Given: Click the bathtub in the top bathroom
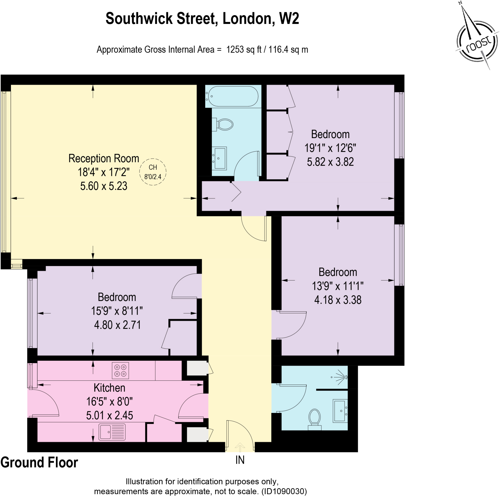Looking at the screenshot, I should pos(233,96).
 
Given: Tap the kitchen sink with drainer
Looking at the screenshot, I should pos(112,432).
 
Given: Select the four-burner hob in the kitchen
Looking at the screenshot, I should pos(120,370).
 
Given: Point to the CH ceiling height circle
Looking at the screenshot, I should pos(153,172).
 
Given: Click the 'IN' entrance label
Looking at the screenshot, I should pos(240,460).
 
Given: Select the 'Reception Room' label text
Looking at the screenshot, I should pos(104,159).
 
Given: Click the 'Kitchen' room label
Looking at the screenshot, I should pos(109,388).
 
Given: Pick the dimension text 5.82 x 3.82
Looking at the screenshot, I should pos(330,162).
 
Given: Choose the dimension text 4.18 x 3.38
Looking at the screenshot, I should pos(337,300).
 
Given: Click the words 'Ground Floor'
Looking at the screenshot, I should pos(39,463).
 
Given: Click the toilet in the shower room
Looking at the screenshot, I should pos(314,419).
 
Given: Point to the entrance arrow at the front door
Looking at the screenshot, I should pos(240,447).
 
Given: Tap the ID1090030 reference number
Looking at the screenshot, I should pos(284,491).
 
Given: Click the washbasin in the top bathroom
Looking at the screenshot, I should pos(219,158).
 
